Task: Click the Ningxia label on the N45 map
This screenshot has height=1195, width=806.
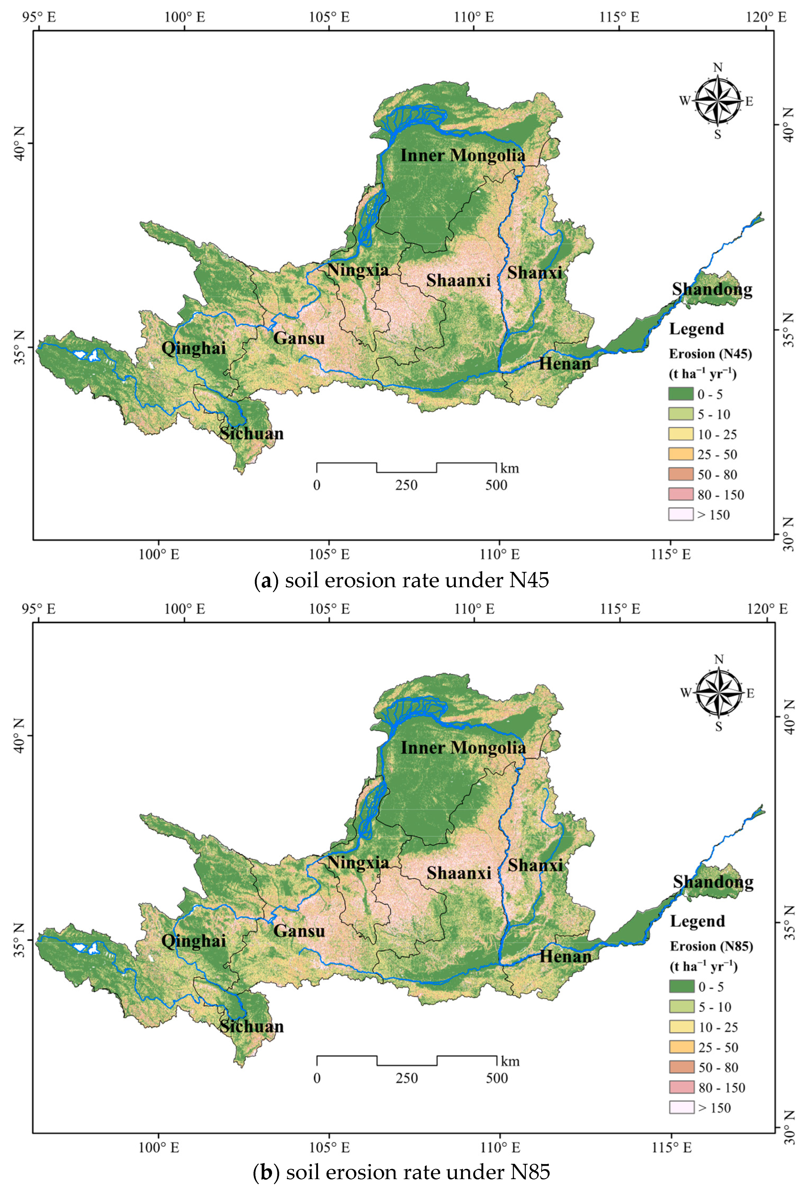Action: (x=358, y=270)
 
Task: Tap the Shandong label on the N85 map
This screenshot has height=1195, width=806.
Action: (x=713, y=882)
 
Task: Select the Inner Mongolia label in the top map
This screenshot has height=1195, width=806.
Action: (x=463, y=155)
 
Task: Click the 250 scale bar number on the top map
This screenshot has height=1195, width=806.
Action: (x=406, y=485)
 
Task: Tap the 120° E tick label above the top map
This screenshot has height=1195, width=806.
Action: (x=767, y=17)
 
